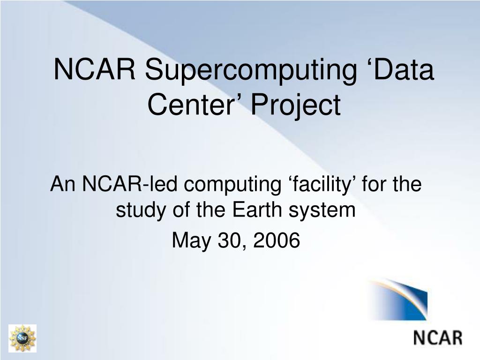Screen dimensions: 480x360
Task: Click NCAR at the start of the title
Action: [94, 69]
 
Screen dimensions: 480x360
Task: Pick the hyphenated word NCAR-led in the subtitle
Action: [130, 184]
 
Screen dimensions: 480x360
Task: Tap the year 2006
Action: [277, 240]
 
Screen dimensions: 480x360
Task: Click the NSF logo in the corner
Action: [22, 338]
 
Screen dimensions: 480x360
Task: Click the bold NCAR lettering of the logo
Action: [437, 337]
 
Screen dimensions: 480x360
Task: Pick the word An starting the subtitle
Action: [63, 184]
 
